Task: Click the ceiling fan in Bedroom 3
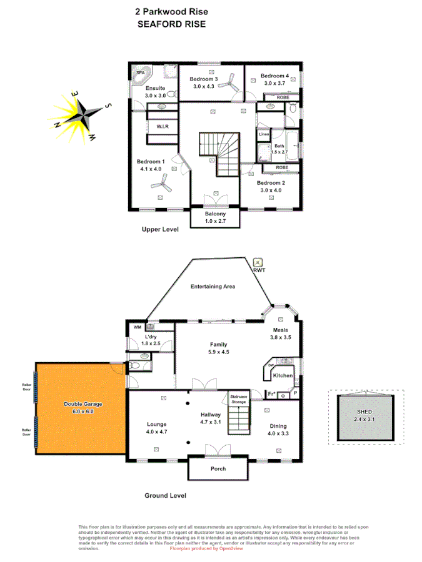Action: click(229, 83)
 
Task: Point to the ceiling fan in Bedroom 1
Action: click(165, 182)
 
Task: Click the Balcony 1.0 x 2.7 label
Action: click(214, 218)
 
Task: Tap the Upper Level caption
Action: click(160, 230)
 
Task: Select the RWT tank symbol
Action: click(258, 262)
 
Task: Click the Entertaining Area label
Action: click(213, 287)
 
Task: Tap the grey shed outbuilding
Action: click(363, 417)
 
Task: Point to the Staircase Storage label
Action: click(238, 398)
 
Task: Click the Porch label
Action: click(218, 469)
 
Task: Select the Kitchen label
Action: click(283, 376)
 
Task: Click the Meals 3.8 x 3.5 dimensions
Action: click(281, 337)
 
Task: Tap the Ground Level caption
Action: click(165, 495)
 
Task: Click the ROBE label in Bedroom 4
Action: click(274, 98)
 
